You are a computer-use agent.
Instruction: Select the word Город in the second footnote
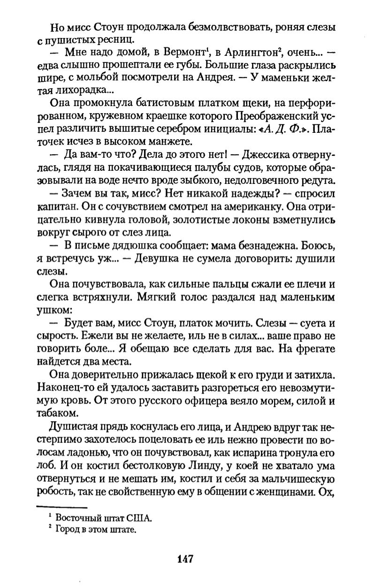pos(67,530)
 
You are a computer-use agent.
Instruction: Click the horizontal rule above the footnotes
pos(62,507)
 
